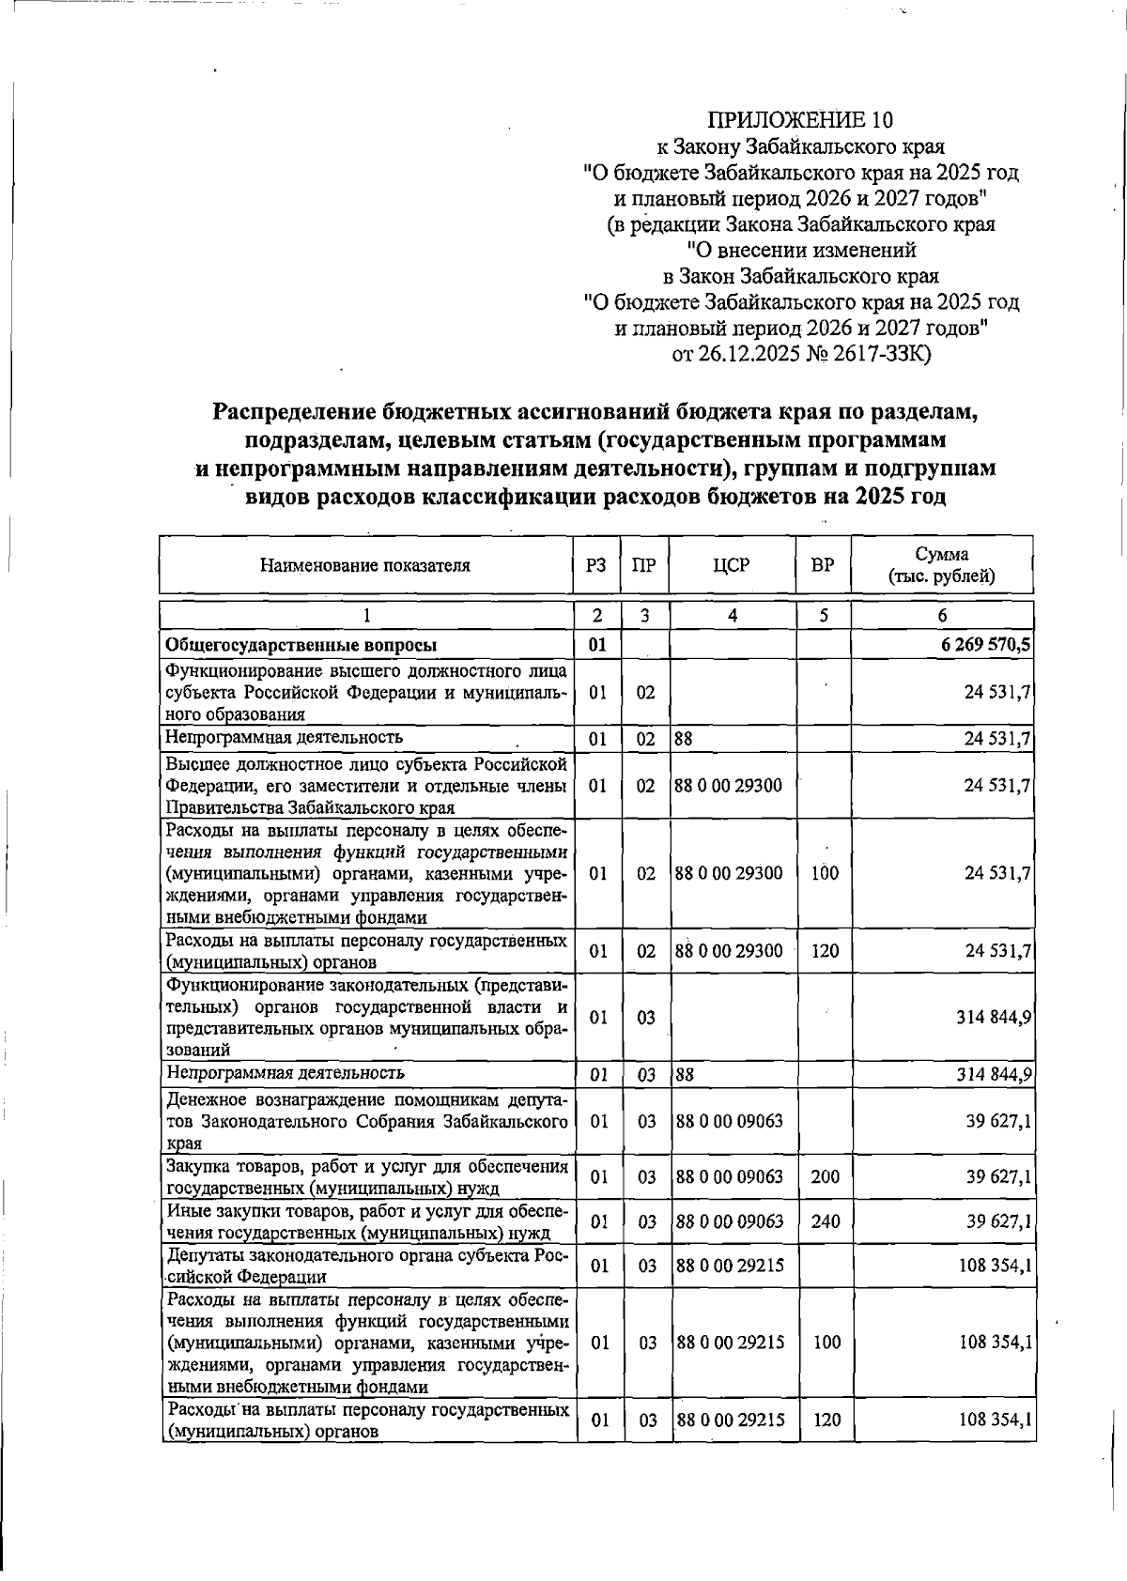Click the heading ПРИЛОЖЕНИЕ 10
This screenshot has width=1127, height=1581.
[800, 120]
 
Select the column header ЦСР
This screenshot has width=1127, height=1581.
[732, 565]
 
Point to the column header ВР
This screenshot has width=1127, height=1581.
[823, 565]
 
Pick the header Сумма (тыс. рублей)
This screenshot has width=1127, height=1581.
[941, 565]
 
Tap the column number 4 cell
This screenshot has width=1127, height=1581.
[732, 616]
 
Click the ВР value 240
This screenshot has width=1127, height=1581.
[826, 1221]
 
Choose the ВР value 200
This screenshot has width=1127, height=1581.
[826, 1176]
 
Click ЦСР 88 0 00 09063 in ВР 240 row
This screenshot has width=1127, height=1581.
[730, 1221]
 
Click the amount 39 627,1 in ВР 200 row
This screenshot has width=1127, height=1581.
[999, 1176]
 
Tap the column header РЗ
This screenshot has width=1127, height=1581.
[595, 565]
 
